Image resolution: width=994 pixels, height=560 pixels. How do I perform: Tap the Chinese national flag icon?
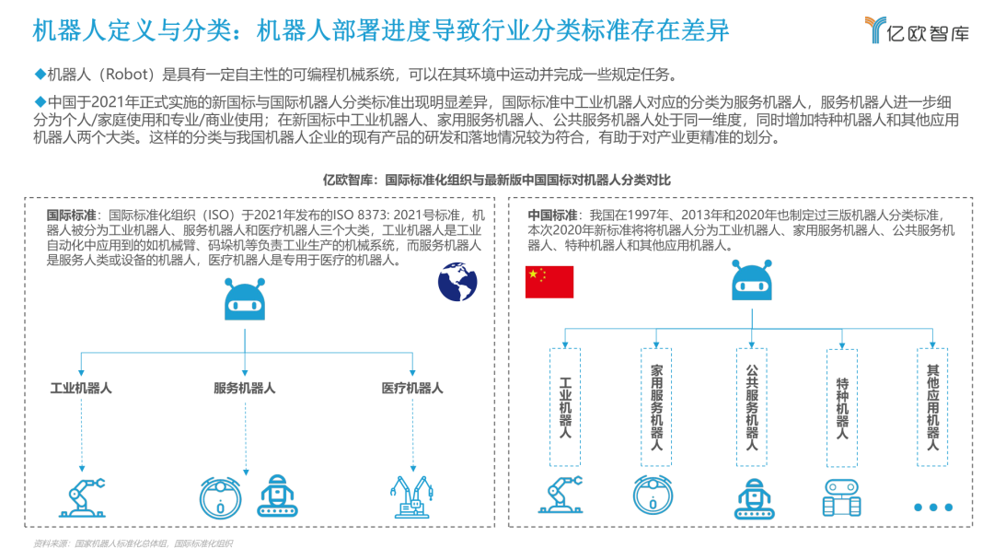549,282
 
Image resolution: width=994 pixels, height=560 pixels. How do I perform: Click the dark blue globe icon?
457,282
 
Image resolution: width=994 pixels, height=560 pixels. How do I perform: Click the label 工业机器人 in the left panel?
81,388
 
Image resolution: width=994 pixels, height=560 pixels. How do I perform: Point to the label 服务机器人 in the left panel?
244,388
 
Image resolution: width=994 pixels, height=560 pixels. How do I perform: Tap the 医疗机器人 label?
412,388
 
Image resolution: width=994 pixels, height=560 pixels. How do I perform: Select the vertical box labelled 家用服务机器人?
656,407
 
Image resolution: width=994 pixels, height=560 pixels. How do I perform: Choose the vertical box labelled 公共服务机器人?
751,407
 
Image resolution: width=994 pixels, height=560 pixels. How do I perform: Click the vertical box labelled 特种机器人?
842,407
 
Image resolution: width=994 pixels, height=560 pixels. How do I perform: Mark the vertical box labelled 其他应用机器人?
932,407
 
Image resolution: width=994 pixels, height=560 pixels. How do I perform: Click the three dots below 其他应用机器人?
932,507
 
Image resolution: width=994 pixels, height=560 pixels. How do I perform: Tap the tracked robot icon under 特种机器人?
841,497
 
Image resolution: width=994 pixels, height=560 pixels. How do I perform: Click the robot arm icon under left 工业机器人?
82,496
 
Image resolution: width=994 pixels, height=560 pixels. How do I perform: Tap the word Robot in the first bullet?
136,74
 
